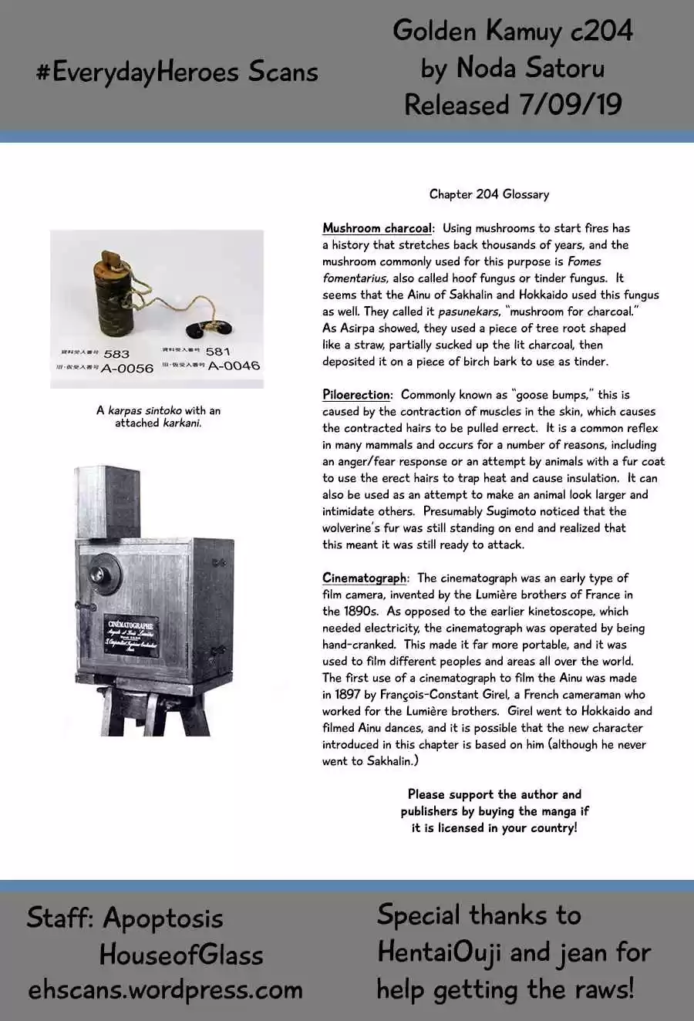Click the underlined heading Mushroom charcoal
click(377, 228)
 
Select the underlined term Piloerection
click(356, 395)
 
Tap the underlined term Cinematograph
click(364, 578)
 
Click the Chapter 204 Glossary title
click(489, 194)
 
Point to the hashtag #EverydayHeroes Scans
click(177, 72)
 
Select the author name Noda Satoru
click(531, 68)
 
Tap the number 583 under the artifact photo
click(116, 354)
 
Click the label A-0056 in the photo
click(127, 369)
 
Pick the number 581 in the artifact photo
click(218, 352)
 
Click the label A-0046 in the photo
click(234, 366)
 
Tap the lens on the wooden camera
click(99, 574)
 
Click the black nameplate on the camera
click(132, 636)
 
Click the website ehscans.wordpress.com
click(165, 990)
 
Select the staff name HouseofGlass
click(181, 955)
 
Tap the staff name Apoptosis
click(163, 918)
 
